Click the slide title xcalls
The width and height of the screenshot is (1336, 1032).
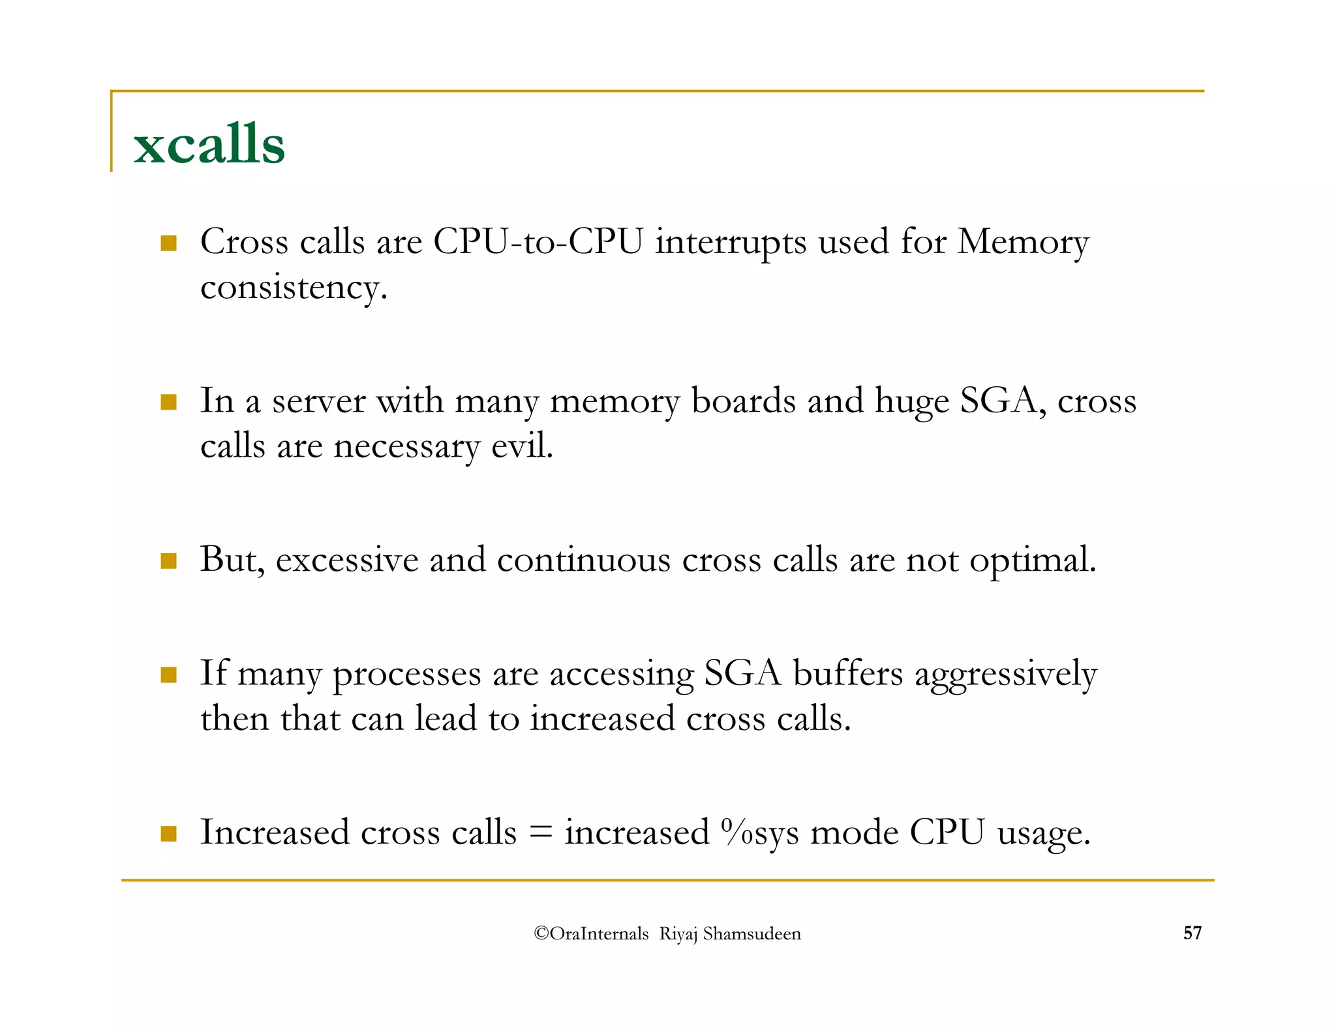209,144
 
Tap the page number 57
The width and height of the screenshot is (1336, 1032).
1192,933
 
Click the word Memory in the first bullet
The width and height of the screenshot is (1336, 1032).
1023,243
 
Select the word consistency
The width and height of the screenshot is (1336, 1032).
294,288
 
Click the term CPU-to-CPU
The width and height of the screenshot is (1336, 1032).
538,243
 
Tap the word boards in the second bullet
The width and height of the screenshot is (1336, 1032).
744,401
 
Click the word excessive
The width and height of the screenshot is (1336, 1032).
347,560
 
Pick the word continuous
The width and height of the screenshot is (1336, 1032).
584,560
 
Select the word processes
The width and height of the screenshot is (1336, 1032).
407,674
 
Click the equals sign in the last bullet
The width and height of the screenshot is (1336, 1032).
540,833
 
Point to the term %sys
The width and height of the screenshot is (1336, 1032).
760,833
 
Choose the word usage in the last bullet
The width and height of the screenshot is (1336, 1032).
1044,833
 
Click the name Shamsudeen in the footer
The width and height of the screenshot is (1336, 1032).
751,933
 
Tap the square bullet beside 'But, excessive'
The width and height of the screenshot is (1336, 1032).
169,561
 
